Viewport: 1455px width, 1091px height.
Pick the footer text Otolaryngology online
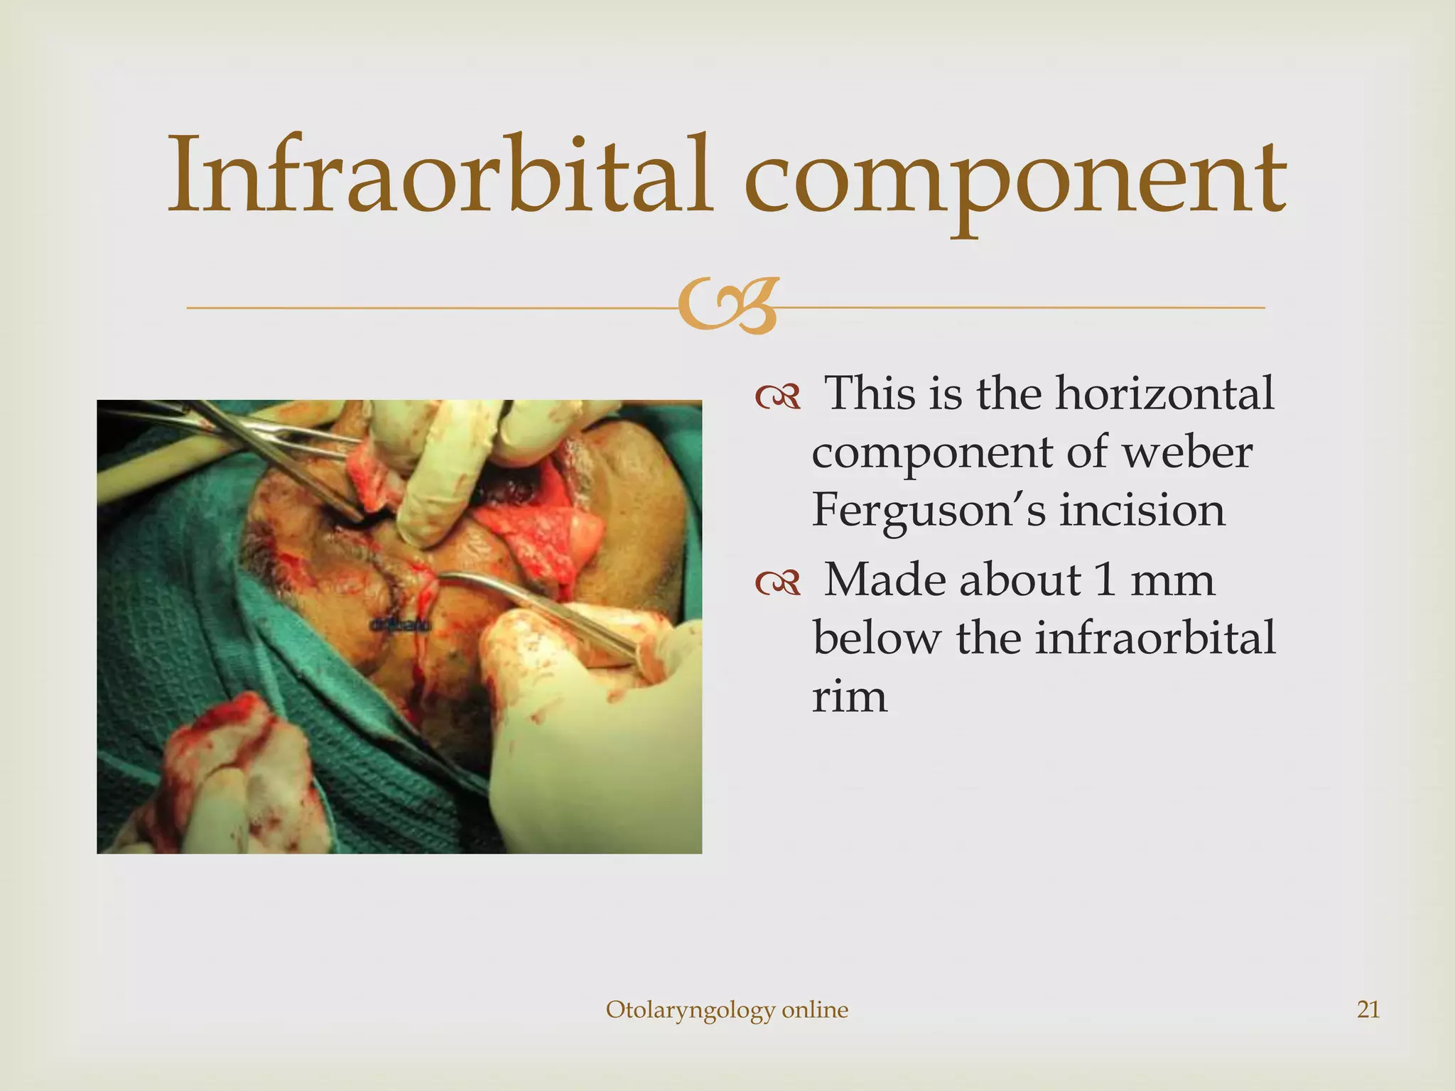[x=727, y=1009]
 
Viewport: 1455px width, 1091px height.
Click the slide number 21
[x=1368, y=1009]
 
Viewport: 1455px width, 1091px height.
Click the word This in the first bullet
[x=872, y=393]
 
